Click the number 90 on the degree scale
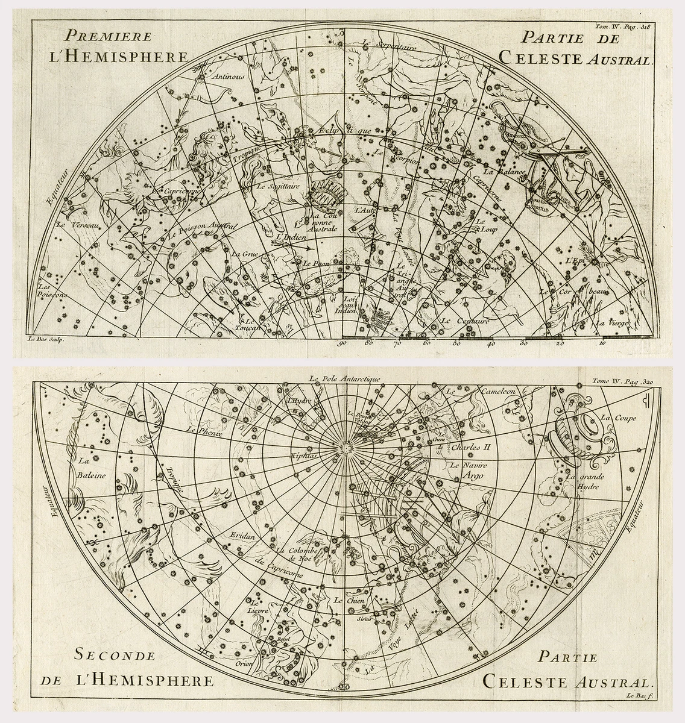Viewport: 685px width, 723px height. point(342,344)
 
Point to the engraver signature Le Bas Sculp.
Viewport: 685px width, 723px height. point(46,340)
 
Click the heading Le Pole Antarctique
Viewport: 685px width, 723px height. point(342,379)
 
